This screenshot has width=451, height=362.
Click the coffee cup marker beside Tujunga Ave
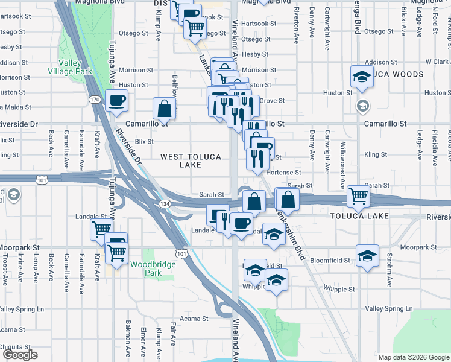pos(117,100)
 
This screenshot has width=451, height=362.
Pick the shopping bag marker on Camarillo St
pos(164,109)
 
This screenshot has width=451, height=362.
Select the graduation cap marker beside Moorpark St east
pos(367,255)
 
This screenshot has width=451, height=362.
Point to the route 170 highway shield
pos(95,99)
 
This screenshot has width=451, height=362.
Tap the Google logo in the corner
pos(19,355)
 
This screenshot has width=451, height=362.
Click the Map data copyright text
pos(414,357)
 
